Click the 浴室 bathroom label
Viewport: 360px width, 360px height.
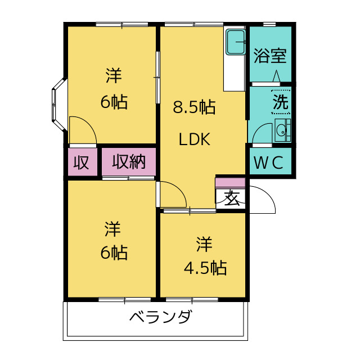(270, 56)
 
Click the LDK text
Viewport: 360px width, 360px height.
(194, 139)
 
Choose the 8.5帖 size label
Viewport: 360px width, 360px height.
(194, 107)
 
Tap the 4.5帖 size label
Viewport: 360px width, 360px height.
(205, 268)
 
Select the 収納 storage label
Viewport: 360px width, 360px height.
(129, 162)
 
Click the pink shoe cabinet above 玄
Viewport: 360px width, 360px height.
(231, 182)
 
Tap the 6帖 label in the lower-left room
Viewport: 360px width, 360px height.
(114, 253)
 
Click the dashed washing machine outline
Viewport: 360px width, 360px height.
(281, 102)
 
